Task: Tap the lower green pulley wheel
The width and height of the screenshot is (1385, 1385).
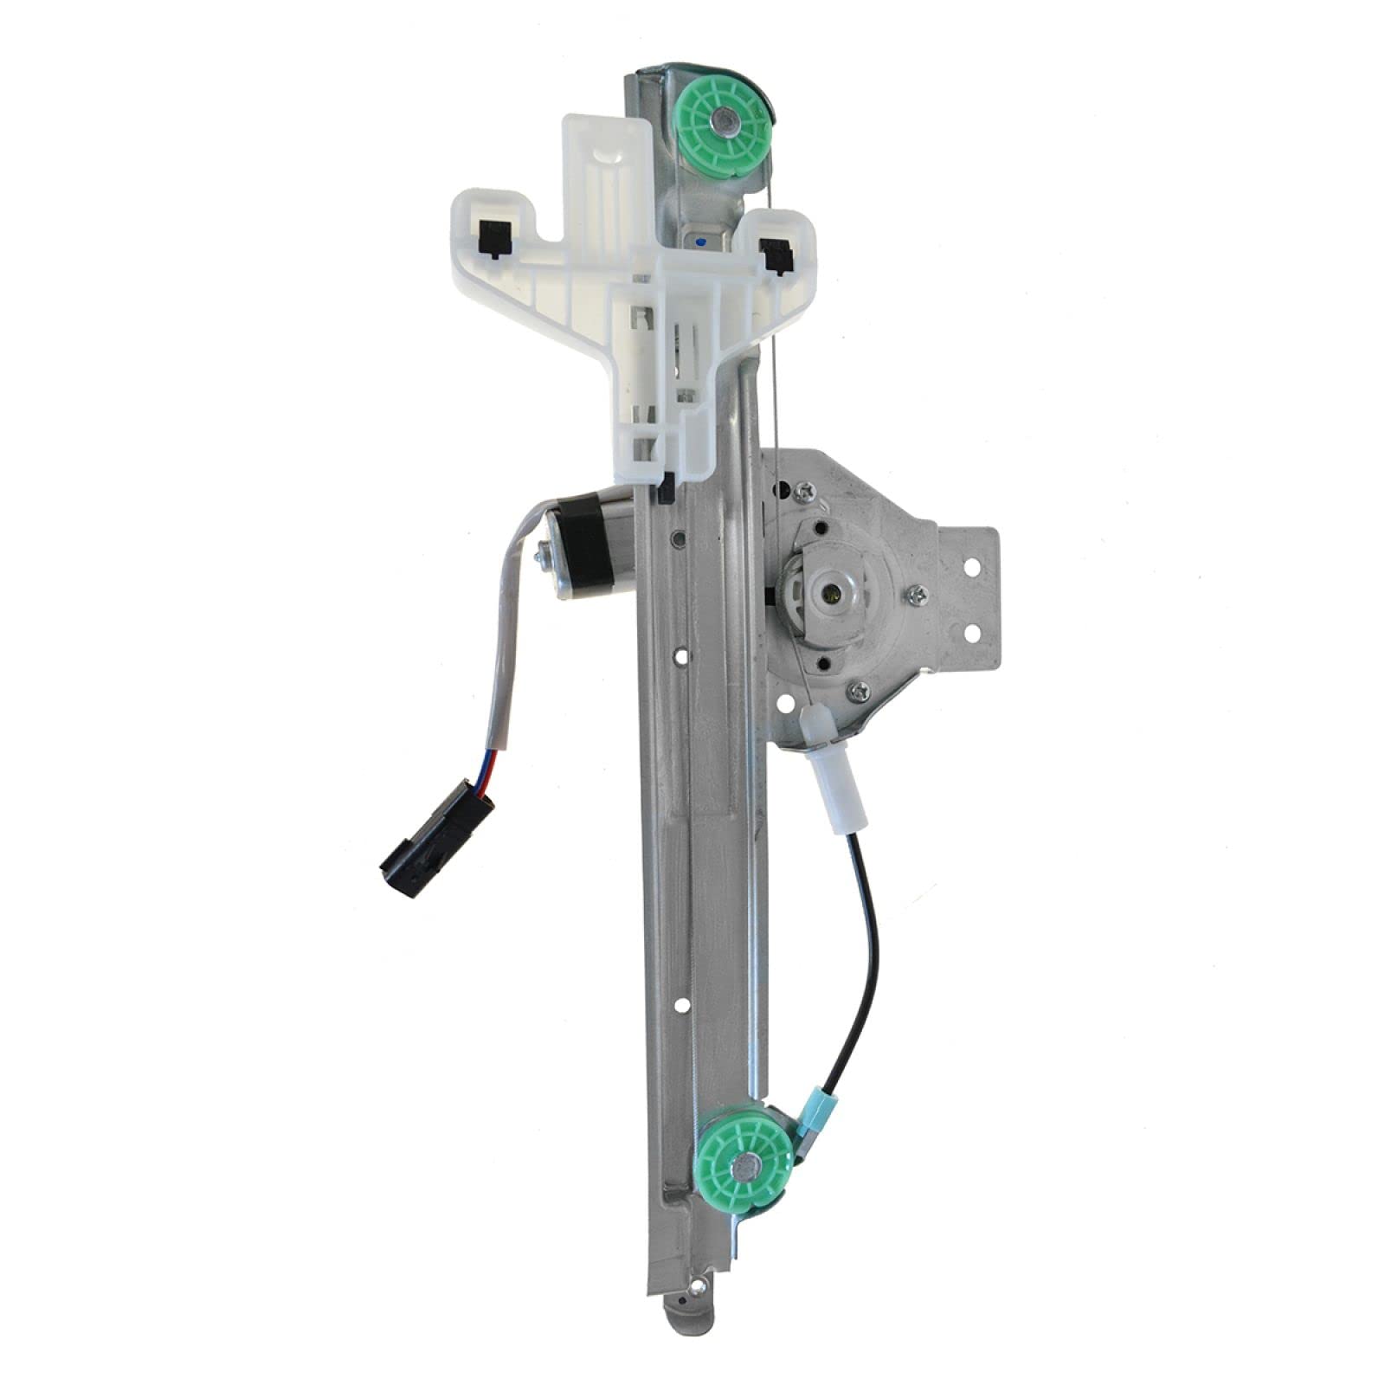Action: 744,1166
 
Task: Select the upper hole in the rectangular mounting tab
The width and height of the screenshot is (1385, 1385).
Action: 971,567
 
